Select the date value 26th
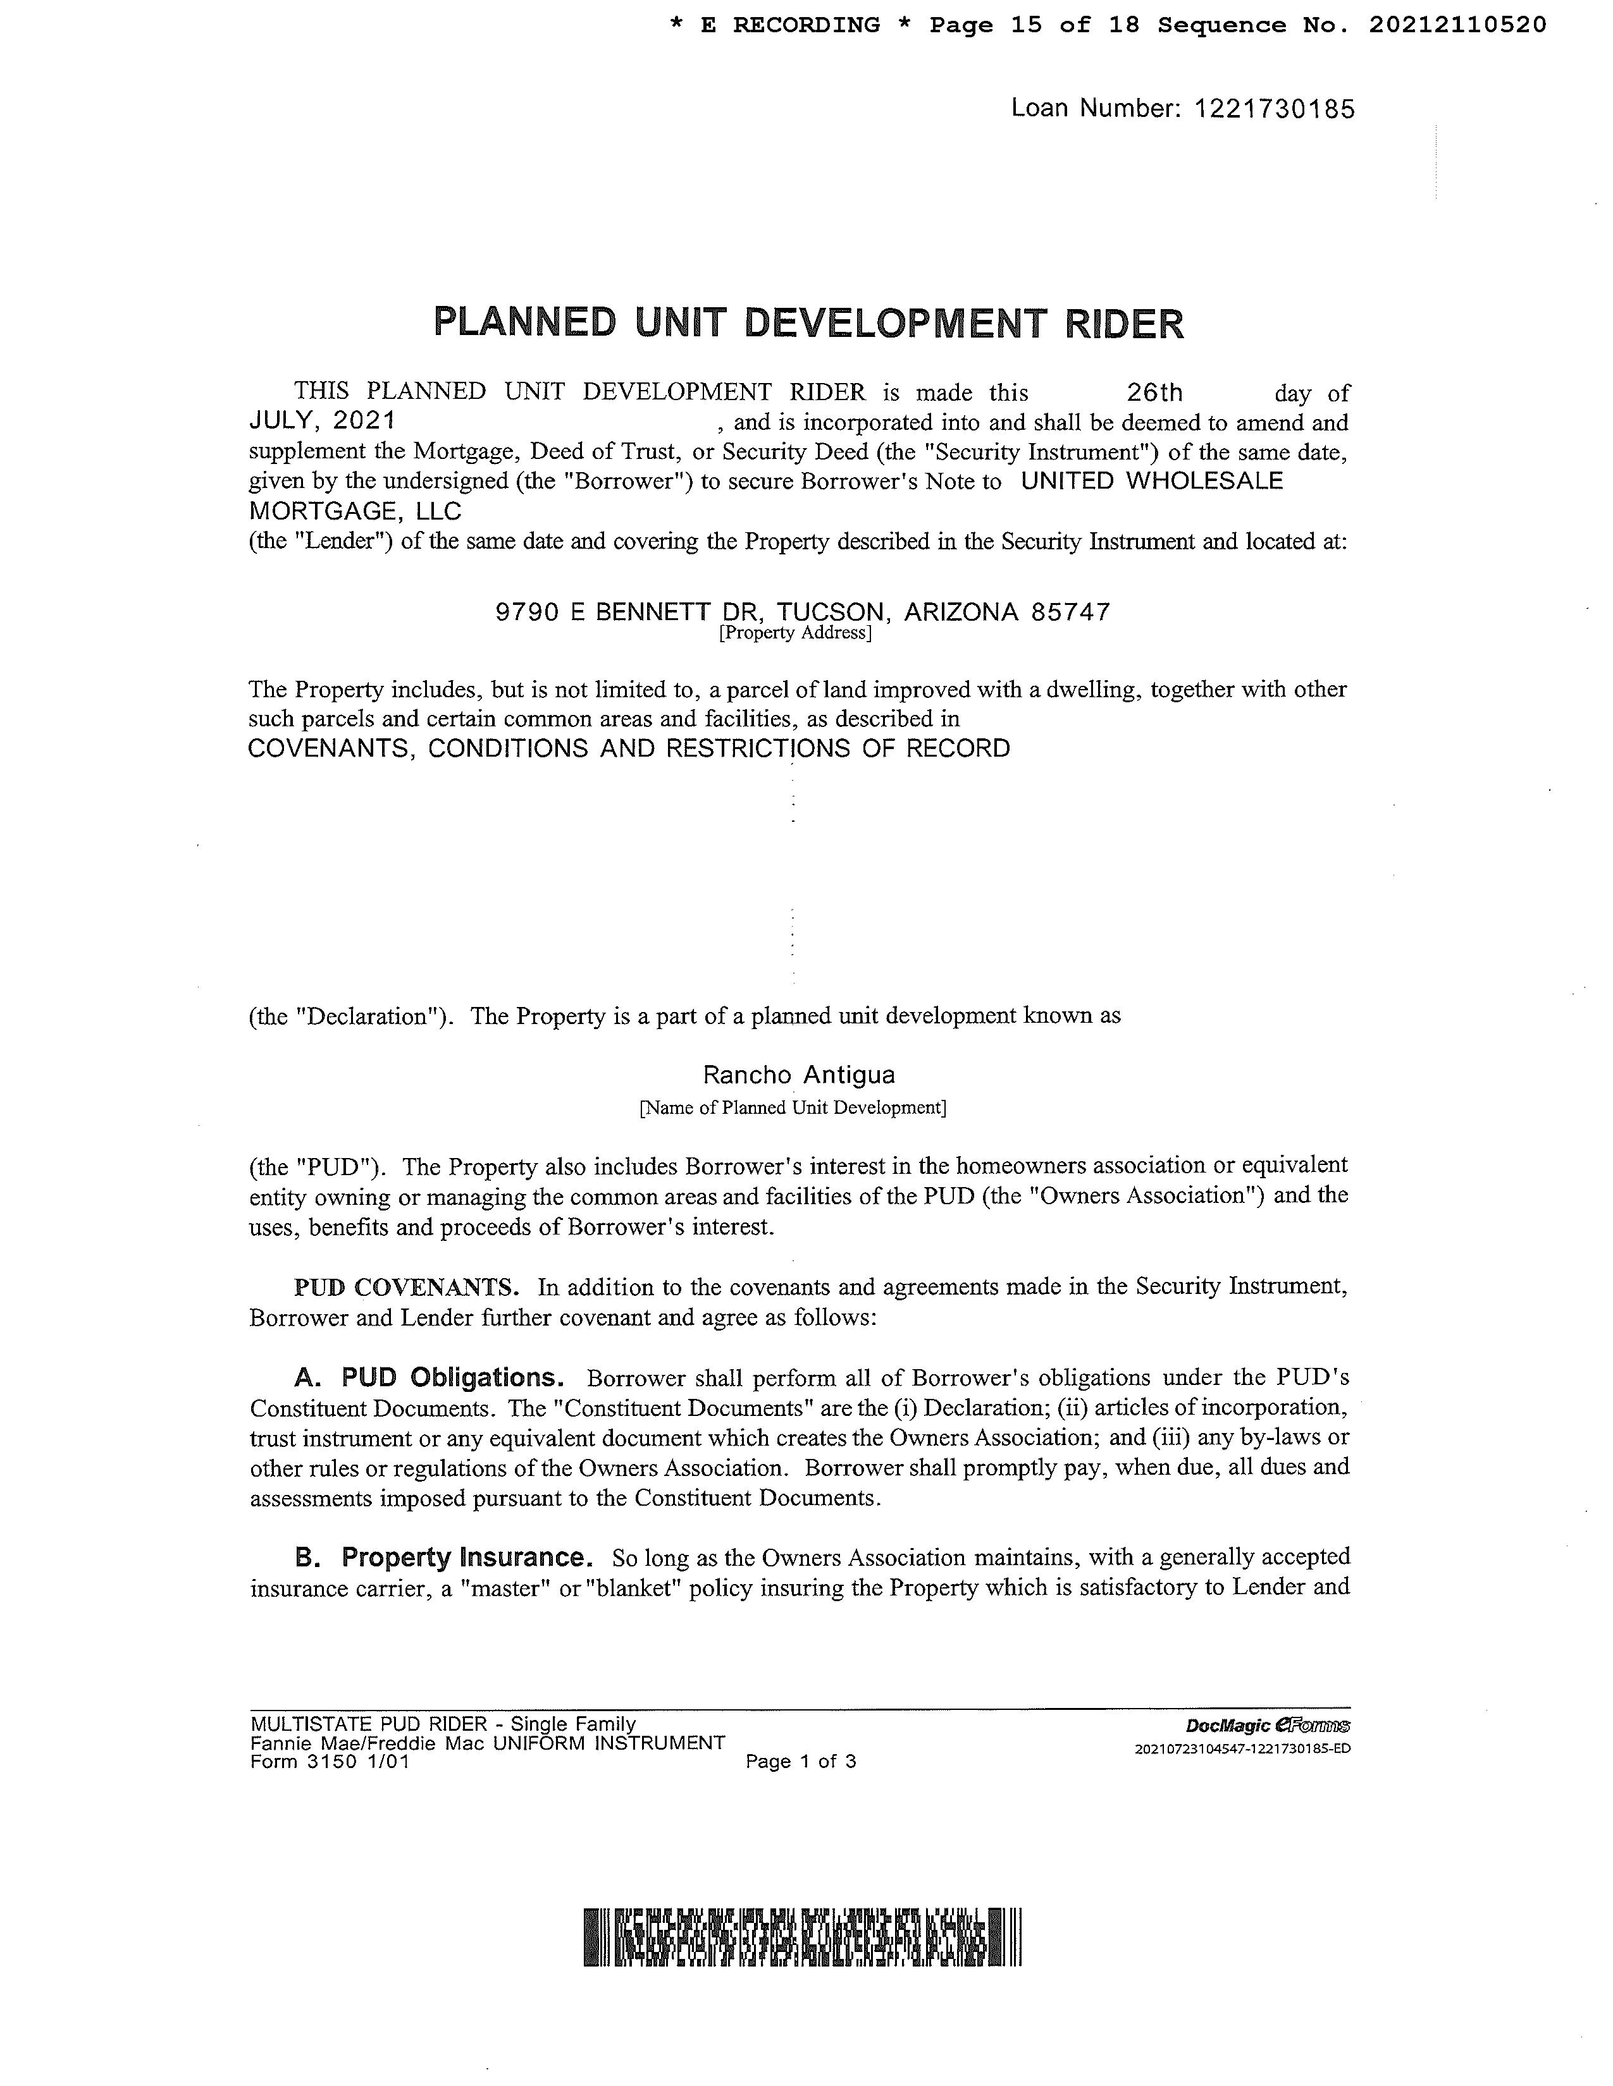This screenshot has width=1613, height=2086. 1154,393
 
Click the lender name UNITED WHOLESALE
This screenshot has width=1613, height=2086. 1151,482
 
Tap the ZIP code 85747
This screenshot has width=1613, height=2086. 1071,613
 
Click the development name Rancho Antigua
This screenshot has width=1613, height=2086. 799,1075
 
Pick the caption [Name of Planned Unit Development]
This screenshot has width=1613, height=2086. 792,1108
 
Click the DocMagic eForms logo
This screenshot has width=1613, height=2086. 1267,1726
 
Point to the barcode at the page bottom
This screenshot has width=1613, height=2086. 803,1937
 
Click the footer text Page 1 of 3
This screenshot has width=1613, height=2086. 801,1761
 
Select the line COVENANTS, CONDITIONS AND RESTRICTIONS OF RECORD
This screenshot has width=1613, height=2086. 629,749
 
